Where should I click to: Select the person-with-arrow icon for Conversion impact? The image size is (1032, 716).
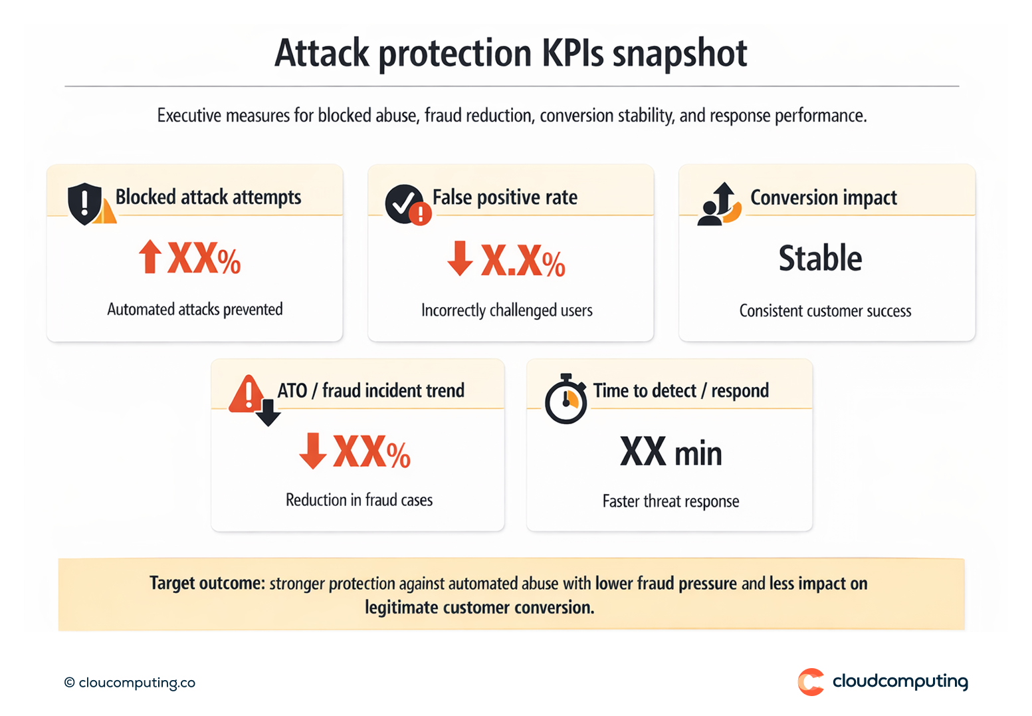718,204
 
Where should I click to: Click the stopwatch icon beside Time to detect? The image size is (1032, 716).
566,400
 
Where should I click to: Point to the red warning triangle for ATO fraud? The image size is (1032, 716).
247,395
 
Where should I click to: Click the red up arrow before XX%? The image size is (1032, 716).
150,257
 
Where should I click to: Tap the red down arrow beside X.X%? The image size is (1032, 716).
460,259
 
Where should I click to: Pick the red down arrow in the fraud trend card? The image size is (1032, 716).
312,451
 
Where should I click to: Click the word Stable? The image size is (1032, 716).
820,258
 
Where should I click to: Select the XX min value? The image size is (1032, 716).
671,453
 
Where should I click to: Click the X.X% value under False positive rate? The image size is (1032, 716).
523,260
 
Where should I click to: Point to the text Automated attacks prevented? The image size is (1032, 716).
195,309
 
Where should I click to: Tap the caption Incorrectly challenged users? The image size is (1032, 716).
506,310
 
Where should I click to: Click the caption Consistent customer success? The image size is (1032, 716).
825,311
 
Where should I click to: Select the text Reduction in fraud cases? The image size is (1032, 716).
359,500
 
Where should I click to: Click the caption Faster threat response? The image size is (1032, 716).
671,501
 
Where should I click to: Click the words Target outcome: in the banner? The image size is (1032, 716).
207,583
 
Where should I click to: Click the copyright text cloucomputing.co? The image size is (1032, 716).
130,683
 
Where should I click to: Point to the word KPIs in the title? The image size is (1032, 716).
573,53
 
